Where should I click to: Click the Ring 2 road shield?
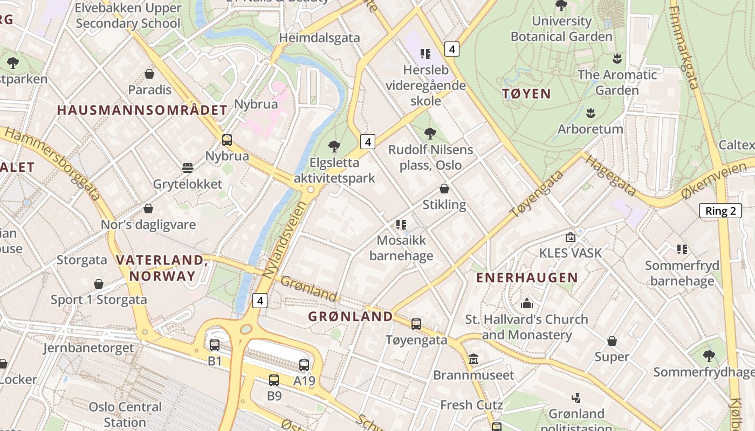point(720,211)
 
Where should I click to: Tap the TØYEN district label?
point(526,94)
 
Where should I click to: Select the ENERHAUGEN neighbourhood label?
point(527,278)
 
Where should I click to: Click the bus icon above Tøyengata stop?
point(416,324)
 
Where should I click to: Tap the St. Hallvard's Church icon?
point(527,303)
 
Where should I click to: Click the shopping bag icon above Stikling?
point(444,189)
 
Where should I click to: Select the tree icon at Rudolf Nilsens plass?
point(430,134)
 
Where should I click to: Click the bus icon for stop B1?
point(215,345)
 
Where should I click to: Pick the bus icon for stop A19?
point(304,365)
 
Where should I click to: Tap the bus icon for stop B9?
point(274,380)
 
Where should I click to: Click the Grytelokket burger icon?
point(188,168)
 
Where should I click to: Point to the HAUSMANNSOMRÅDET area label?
point(142,110)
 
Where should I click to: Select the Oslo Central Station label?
point(125,414)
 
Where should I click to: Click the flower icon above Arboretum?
point(591,113)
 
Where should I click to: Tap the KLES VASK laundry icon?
point(570,237)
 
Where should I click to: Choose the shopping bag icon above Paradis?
point(149,74)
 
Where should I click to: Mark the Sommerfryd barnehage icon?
point(682,249)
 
